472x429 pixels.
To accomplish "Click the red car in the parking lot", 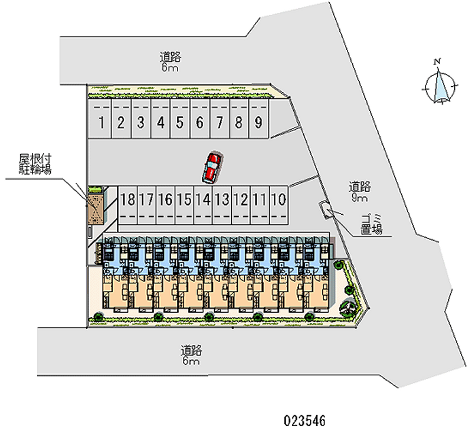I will pyautogui.click(x=212, y=166).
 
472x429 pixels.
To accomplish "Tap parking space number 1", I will pyautogui.click(x=102, y=123).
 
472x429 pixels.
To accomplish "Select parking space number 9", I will pyautogui.click(x=258, y=123).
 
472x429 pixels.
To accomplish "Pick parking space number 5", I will pyautogui.click(x=180, y=123).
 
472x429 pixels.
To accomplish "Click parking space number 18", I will pyautogui.click(x=127, y=199).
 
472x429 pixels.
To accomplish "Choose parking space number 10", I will pyautogui.click(x=279, y=199).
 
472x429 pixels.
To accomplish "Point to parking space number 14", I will pyautogui.click(x=203, y=199).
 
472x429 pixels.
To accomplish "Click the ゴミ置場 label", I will pyautogui.click(x=372, y=225).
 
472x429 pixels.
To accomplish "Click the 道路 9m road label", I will pyautogui.click(x=359, y=192).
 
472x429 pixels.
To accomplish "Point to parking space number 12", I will pyautogui.click(x=241, y=199).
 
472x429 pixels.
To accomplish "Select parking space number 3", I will pyautogui.click(x=140, y=123).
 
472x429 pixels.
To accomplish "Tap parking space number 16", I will pyautogui.click(x=165, y=199).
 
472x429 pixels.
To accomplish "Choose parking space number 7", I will pyautogui.click(x=219, y=123).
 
